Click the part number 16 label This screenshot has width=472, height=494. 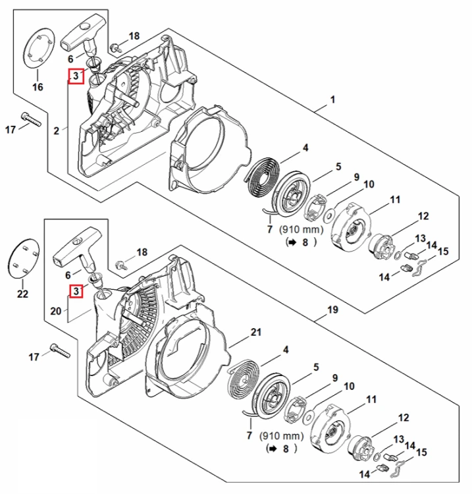click(x=38, y=87)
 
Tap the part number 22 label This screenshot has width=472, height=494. click(x=22, y=294)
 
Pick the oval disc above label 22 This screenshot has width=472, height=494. click(x=23, y=258)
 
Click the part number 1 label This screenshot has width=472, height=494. click(x=332, y=100)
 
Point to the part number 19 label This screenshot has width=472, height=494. click(x=332, y=310)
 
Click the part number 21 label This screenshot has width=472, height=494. click(x=255, y=332)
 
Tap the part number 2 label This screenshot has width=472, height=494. click(x=57, y=130)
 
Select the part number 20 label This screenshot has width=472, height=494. click(x=56, y=312)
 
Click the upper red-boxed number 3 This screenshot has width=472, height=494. click(x=76, y=76)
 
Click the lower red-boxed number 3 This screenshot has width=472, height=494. click(x=76, y=291)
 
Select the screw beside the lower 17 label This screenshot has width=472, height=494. click(x=60, y=350)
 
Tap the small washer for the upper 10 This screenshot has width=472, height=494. click(x=330, y=215)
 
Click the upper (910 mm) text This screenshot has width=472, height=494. click(x=302, y=230)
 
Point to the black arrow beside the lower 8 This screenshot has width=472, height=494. click(x=271, y=449)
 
